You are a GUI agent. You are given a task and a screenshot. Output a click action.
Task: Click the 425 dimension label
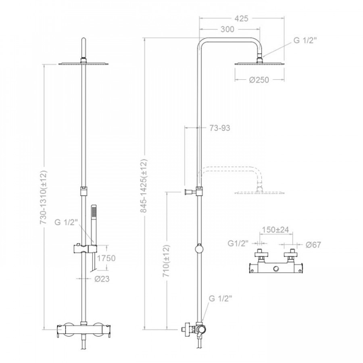click(241, 18)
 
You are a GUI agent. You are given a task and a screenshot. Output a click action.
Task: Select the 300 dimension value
click(227, 29)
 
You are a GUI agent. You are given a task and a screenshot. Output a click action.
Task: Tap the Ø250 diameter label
click(259, 80)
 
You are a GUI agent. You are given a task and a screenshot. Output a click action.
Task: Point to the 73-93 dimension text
click(220, 128)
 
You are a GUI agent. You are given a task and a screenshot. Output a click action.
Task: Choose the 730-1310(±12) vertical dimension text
click(44, 197)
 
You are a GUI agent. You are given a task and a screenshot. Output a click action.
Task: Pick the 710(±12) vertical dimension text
click(167, 261)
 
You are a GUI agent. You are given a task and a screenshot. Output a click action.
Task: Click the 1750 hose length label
click(106, 258)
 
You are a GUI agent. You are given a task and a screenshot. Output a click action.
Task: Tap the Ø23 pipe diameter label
click(102, 279)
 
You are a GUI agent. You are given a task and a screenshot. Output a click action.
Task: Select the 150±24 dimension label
click(275, 229)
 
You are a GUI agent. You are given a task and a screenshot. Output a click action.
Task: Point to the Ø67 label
click(313, 245)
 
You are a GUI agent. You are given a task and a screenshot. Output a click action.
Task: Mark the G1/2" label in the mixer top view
click(238, 243)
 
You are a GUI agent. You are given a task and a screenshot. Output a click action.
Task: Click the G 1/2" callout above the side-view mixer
click(220, 298)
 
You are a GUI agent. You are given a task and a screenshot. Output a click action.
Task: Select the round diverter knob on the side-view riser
click(199, 249)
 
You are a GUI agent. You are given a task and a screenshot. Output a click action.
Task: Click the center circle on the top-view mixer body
click(276, 269)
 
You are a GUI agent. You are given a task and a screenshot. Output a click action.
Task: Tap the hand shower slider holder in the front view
click(86, 249)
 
